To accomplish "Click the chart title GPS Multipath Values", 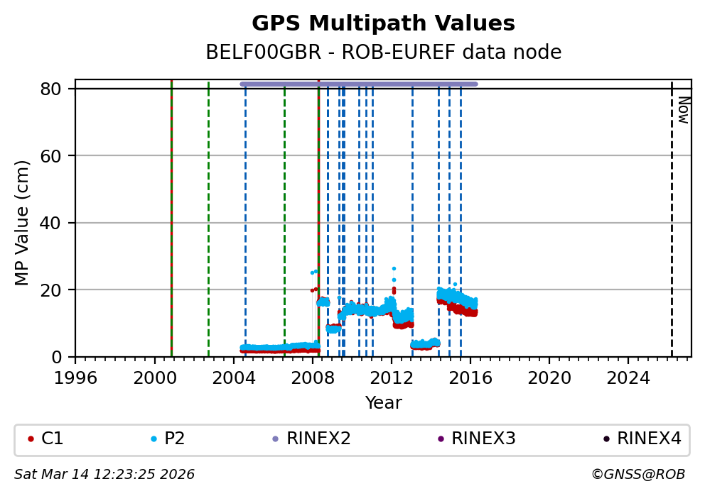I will coord(383,23).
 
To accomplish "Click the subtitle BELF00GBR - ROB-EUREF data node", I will coord(383,53).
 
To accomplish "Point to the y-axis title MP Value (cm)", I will coord(23,223).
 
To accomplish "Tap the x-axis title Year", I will coord(383,403).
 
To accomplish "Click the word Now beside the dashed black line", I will coord(683,110).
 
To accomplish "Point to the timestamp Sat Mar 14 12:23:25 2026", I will coord(104,474).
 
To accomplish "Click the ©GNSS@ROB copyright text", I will coord(637,474).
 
